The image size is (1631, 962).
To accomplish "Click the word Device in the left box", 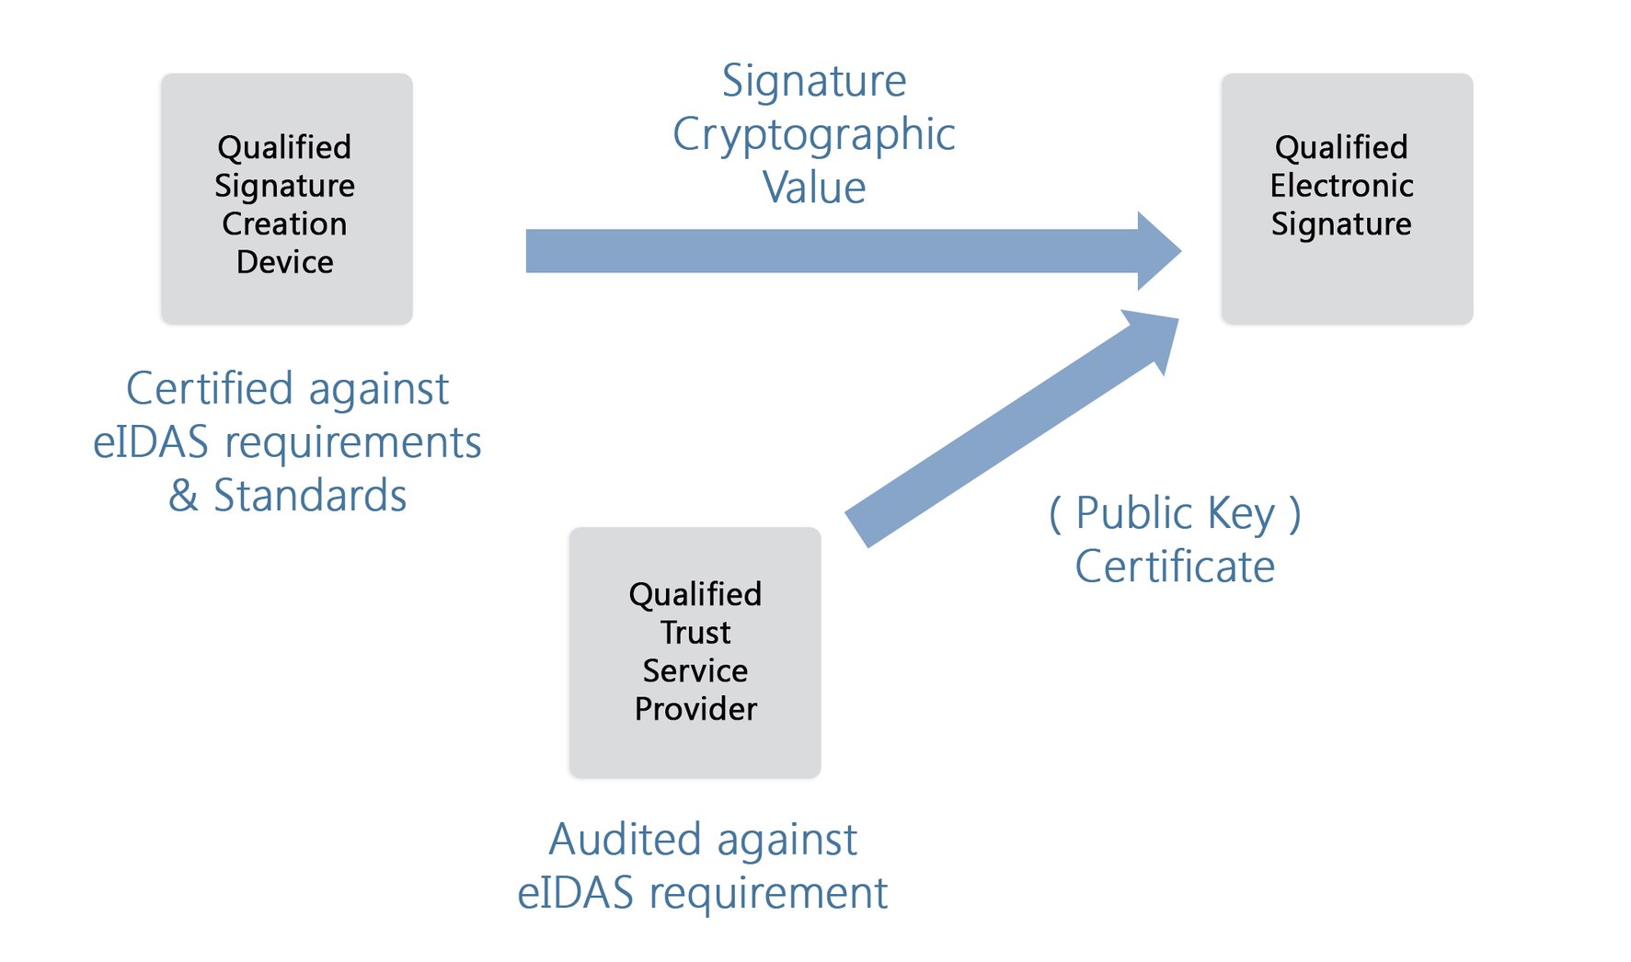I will (x=284, y=262).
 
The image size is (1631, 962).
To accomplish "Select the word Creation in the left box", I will (x=284, y=223).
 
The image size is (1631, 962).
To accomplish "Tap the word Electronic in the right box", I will (x=1341, y=186).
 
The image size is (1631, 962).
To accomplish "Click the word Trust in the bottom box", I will (x=695, y=633).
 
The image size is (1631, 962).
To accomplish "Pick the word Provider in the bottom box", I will (x=695, y=709).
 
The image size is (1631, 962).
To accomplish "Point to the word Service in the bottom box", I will (x=695, y=670).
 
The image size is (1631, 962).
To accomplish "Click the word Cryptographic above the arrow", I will (x=814, y=135).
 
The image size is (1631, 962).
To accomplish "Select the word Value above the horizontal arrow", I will (x=814, y=188).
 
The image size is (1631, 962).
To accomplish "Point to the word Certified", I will (x=210, y=388).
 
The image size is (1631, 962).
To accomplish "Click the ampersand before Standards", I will (x=183, y=496).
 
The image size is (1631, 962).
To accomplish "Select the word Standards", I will (x=310, y=496).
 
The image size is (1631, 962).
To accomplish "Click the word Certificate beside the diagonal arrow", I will (x=1175, y=567).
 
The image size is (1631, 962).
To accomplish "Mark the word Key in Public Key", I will (x=1241, y=513).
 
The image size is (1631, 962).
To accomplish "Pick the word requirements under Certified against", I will (x=353, y=443).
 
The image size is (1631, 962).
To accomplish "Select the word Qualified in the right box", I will (x=1341, y=147).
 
